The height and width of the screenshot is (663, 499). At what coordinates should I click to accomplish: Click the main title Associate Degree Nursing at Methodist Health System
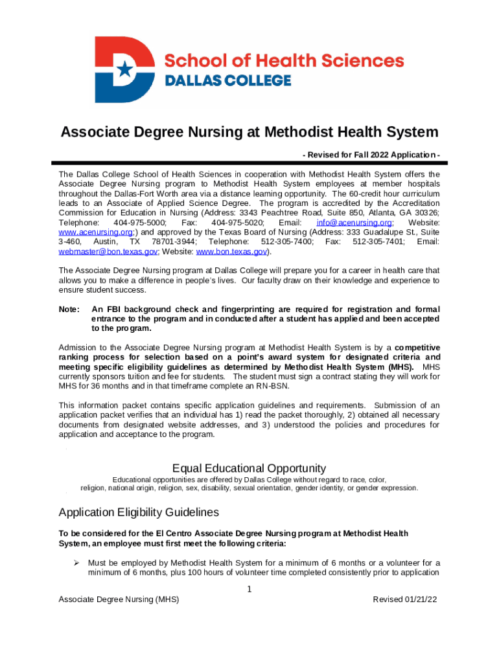(250, 133)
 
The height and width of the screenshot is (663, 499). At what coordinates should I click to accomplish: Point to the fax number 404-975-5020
(237, 222)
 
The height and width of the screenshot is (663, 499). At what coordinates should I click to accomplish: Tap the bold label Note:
(69, 309)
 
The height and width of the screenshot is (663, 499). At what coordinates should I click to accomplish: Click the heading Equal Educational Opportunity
(249, 468)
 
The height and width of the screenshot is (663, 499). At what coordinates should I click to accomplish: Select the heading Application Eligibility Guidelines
(139, 512)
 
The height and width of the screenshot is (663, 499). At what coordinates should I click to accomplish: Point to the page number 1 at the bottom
(250, 589)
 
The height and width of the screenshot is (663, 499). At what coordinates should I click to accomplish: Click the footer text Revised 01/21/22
(405, 600)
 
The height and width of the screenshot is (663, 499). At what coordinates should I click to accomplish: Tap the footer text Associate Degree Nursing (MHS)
(119, 600)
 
